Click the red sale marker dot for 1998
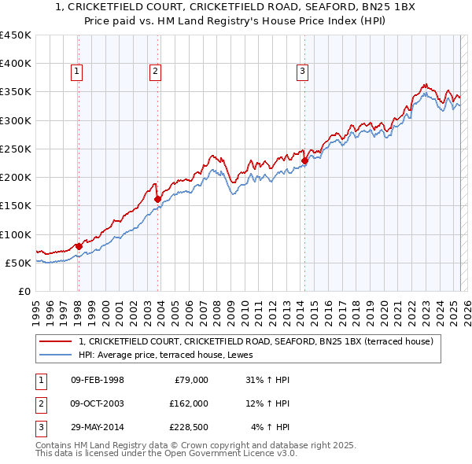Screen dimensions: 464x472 [79, 246]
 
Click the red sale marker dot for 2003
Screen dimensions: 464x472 [157, 199]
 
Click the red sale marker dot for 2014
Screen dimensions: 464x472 [304, 161]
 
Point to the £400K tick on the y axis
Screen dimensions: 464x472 [16, 64]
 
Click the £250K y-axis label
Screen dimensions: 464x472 [16, 149]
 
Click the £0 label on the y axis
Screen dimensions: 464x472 [24, 291]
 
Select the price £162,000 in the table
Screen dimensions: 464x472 [188, 403]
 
